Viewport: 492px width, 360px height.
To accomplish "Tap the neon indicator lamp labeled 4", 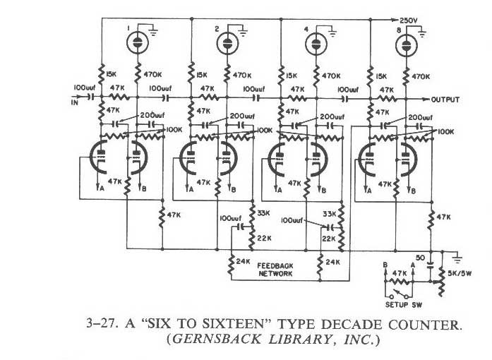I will tap(315, 44).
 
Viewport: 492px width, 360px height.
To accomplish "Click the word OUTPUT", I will tap(446, 100).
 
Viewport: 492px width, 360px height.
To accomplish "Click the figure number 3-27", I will tap(95, 325).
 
